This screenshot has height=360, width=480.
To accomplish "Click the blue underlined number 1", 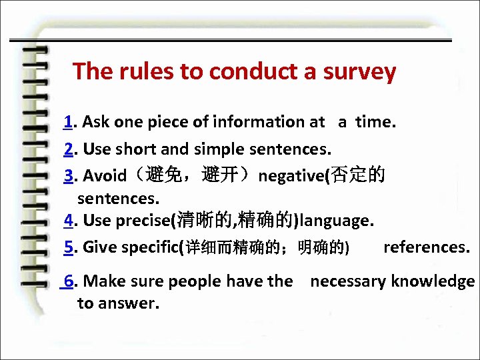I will [x=68, y=122].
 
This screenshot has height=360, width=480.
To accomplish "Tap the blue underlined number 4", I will [x=69, y=220].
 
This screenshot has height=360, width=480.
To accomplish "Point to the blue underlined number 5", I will [x=69, y=247].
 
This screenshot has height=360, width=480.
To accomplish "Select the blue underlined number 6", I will [x=69, y=281].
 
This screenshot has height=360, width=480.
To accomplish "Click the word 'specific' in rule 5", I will [x=149, y=247].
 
